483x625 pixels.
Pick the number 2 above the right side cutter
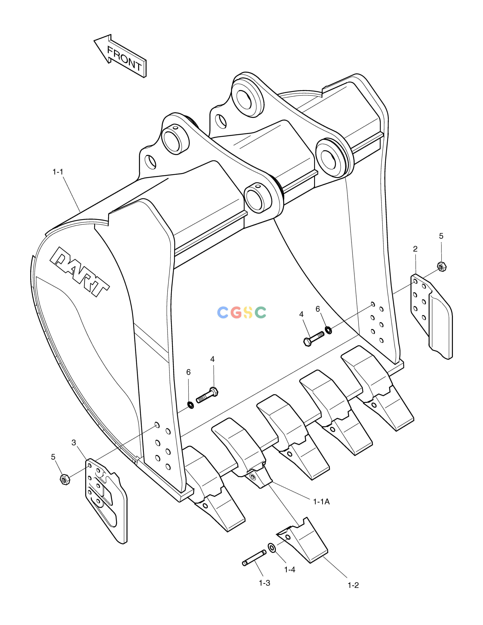pos(415,249)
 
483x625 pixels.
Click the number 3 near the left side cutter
pos(74,443)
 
